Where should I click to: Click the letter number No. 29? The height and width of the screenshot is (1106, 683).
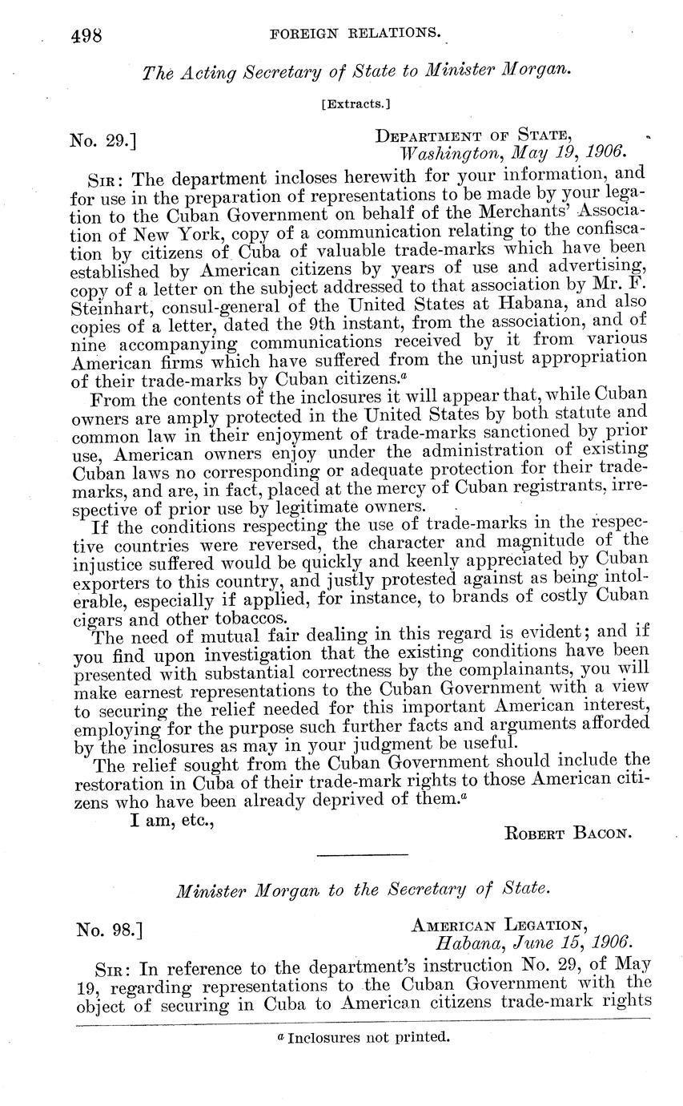click(102, 142)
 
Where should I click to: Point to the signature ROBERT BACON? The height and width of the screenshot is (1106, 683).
click(568, 833)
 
